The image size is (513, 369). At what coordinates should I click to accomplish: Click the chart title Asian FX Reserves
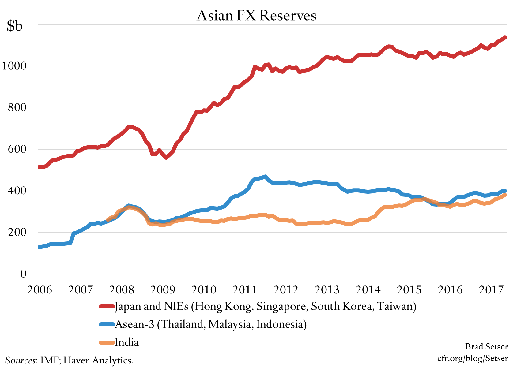pos(256,15)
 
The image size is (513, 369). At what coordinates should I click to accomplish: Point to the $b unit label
pos(15,26)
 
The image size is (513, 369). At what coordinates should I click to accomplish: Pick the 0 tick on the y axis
pos(23,274)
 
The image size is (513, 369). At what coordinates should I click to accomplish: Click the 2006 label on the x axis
pos(40,289)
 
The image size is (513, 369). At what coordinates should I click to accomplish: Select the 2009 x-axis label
pos(163,289)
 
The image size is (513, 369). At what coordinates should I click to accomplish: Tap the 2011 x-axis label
pos(245,289)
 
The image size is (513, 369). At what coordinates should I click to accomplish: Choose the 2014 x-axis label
pos(368,289)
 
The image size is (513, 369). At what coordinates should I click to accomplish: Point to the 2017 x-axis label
pos(491,289)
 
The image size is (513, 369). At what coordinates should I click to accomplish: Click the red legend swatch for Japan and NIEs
pos(107,306)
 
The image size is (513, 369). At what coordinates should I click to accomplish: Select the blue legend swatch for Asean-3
pos(107,324)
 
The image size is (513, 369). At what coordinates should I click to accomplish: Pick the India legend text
pos(126,342)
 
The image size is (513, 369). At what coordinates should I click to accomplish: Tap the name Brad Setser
pos(486,346)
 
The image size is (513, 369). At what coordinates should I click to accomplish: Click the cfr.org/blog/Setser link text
pos(473,358)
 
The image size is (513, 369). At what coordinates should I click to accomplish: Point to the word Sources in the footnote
pos(20,360)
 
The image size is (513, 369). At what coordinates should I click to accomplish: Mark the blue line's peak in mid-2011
pos(265,177)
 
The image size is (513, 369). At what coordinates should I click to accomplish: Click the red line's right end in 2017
pos(505,38)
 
